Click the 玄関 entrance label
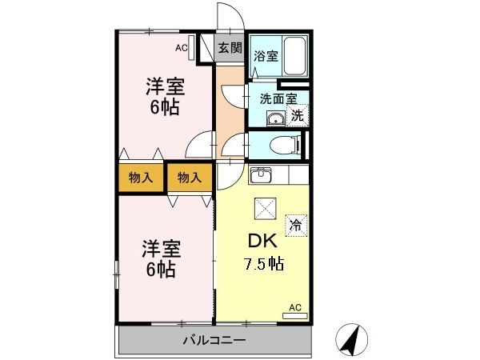pos(230,48)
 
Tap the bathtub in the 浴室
pos(294,56)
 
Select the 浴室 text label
pos(266,56)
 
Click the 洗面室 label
pos(278,98)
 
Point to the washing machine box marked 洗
pos(298,115)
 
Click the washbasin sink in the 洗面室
pos(276,118)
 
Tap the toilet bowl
pos(284,145)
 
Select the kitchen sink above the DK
pos(260,174)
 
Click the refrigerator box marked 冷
pos(296,226)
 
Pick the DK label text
pos(262,241)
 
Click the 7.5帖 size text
pos(263,263)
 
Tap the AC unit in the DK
pos(295,316)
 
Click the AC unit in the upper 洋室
pos(192,48)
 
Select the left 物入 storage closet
pos(141,178)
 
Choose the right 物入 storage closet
pos(190,178)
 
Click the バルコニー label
pos(214,340)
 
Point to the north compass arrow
pos(351,340)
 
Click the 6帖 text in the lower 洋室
pos(161,270)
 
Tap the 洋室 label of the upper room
pos(165,86)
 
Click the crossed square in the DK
pos(266,209)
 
